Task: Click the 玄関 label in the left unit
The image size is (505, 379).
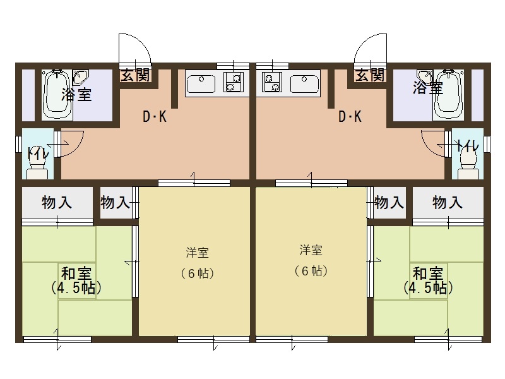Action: tap(135, 75)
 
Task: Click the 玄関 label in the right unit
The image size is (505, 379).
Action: tap(370, 75)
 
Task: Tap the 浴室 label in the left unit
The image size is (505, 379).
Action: tap(76, 95)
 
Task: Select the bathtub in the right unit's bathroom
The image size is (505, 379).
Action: tap(448, 95)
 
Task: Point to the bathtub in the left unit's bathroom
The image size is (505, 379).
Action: tap(56, 95)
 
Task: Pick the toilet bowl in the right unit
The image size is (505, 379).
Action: tap(468, 163)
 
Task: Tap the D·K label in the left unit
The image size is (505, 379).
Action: tap(154, 117)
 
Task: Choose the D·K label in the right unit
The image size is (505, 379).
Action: tap(350, 117)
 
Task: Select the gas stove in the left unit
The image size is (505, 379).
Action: tap(234, 83)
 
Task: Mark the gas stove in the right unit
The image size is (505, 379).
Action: tap(272, 83)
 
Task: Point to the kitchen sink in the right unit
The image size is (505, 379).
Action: tap(304, 83)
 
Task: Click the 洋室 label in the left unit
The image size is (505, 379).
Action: tap(197, 253)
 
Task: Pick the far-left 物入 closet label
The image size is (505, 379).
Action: tap(57, 203)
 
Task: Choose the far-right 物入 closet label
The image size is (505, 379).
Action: tap(448, 203)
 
